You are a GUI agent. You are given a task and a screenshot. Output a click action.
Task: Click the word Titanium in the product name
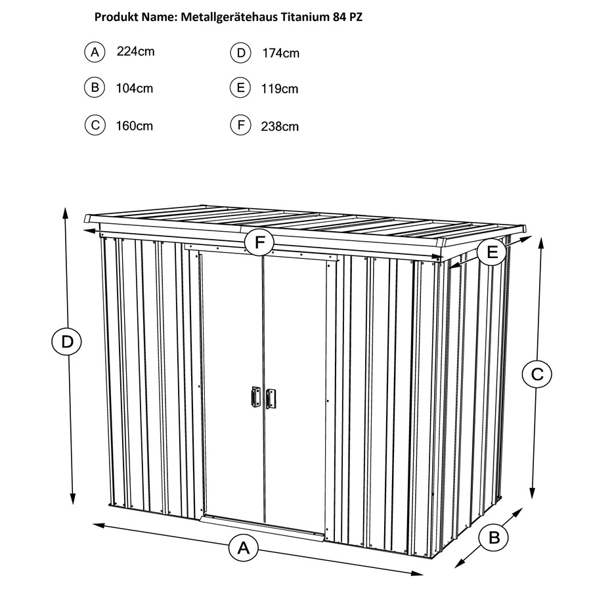click(x=305, y=17)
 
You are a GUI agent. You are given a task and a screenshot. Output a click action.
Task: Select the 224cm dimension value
click(x=136, y=51)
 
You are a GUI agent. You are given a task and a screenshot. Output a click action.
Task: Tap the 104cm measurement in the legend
click(x=135, y=88)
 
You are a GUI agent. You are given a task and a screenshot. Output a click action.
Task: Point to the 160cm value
click(x=135, y=125)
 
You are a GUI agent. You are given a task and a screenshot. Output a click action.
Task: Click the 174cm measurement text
click(x=281, y=53)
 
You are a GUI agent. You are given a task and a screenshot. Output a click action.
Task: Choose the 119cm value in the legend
click(x=280, y=89)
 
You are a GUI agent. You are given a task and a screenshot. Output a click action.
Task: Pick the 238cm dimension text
click(x=280, y=126)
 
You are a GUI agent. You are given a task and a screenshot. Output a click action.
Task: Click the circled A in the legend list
click(x=95, y=52)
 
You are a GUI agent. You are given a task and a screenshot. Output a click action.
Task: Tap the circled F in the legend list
click(x=240, y=125)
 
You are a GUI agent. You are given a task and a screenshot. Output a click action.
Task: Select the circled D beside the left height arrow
click(x=67, y=342)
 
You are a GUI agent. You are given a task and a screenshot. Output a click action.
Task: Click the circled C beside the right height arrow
click(x=537, y=374)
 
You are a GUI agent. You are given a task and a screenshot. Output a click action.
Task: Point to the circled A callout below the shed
click(x=244, y=547)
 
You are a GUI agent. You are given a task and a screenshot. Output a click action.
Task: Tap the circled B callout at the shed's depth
click(x=494, y=536)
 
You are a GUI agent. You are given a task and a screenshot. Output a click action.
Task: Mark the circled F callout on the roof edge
click(x=259, y=242)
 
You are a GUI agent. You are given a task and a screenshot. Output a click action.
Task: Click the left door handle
click(x=256, y=396)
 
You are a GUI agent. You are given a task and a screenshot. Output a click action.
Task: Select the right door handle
click(x=271, y=399)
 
